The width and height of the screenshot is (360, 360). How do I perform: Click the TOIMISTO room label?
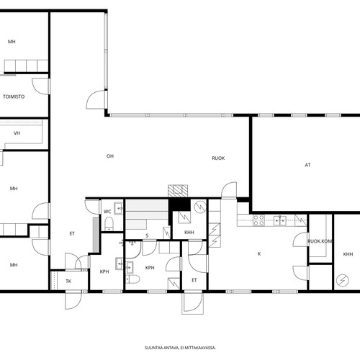[x=14, y=96]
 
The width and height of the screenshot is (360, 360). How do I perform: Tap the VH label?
[x=17, y=133]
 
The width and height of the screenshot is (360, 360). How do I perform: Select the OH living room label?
[x=110, y=156]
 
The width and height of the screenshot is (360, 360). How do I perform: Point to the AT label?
[x=307, y=165]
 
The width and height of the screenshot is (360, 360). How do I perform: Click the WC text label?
[x=107, y=212]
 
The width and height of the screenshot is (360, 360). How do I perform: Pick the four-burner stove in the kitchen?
[x=259, y=220]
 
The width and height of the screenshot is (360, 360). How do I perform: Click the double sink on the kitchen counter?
[x=280, y=220]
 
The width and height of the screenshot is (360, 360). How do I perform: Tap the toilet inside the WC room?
[x=109, y=223]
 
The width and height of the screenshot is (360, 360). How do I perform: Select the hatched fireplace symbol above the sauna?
[x=178, y=191]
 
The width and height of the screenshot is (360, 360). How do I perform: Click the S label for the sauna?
[x=147, y=235]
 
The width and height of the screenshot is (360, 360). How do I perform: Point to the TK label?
[x=68, y=282]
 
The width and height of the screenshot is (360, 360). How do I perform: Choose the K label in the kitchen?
[x=259, y=254]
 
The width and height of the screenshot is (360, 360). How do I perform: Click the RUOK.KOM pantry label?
[x=320, y=241]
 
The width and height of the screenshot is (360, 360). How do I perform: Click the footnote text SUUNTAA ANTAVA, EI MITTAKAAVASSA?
[x=180, y=348]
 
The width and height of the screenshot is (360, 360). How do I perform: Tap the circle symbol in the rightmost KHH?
[x=343, y=280]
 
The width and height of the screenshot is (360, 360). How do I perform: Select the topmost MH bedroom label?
[x=12, y=42]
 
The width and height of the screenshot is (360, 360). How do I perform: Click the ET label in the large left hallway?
[x=72, y=234]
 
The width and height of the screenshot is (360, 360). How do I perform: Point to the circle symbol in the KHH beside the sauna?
[x=200, y=207]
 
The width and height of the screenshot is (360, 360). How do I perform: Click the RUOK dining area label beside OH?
[x=218, y=158]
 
